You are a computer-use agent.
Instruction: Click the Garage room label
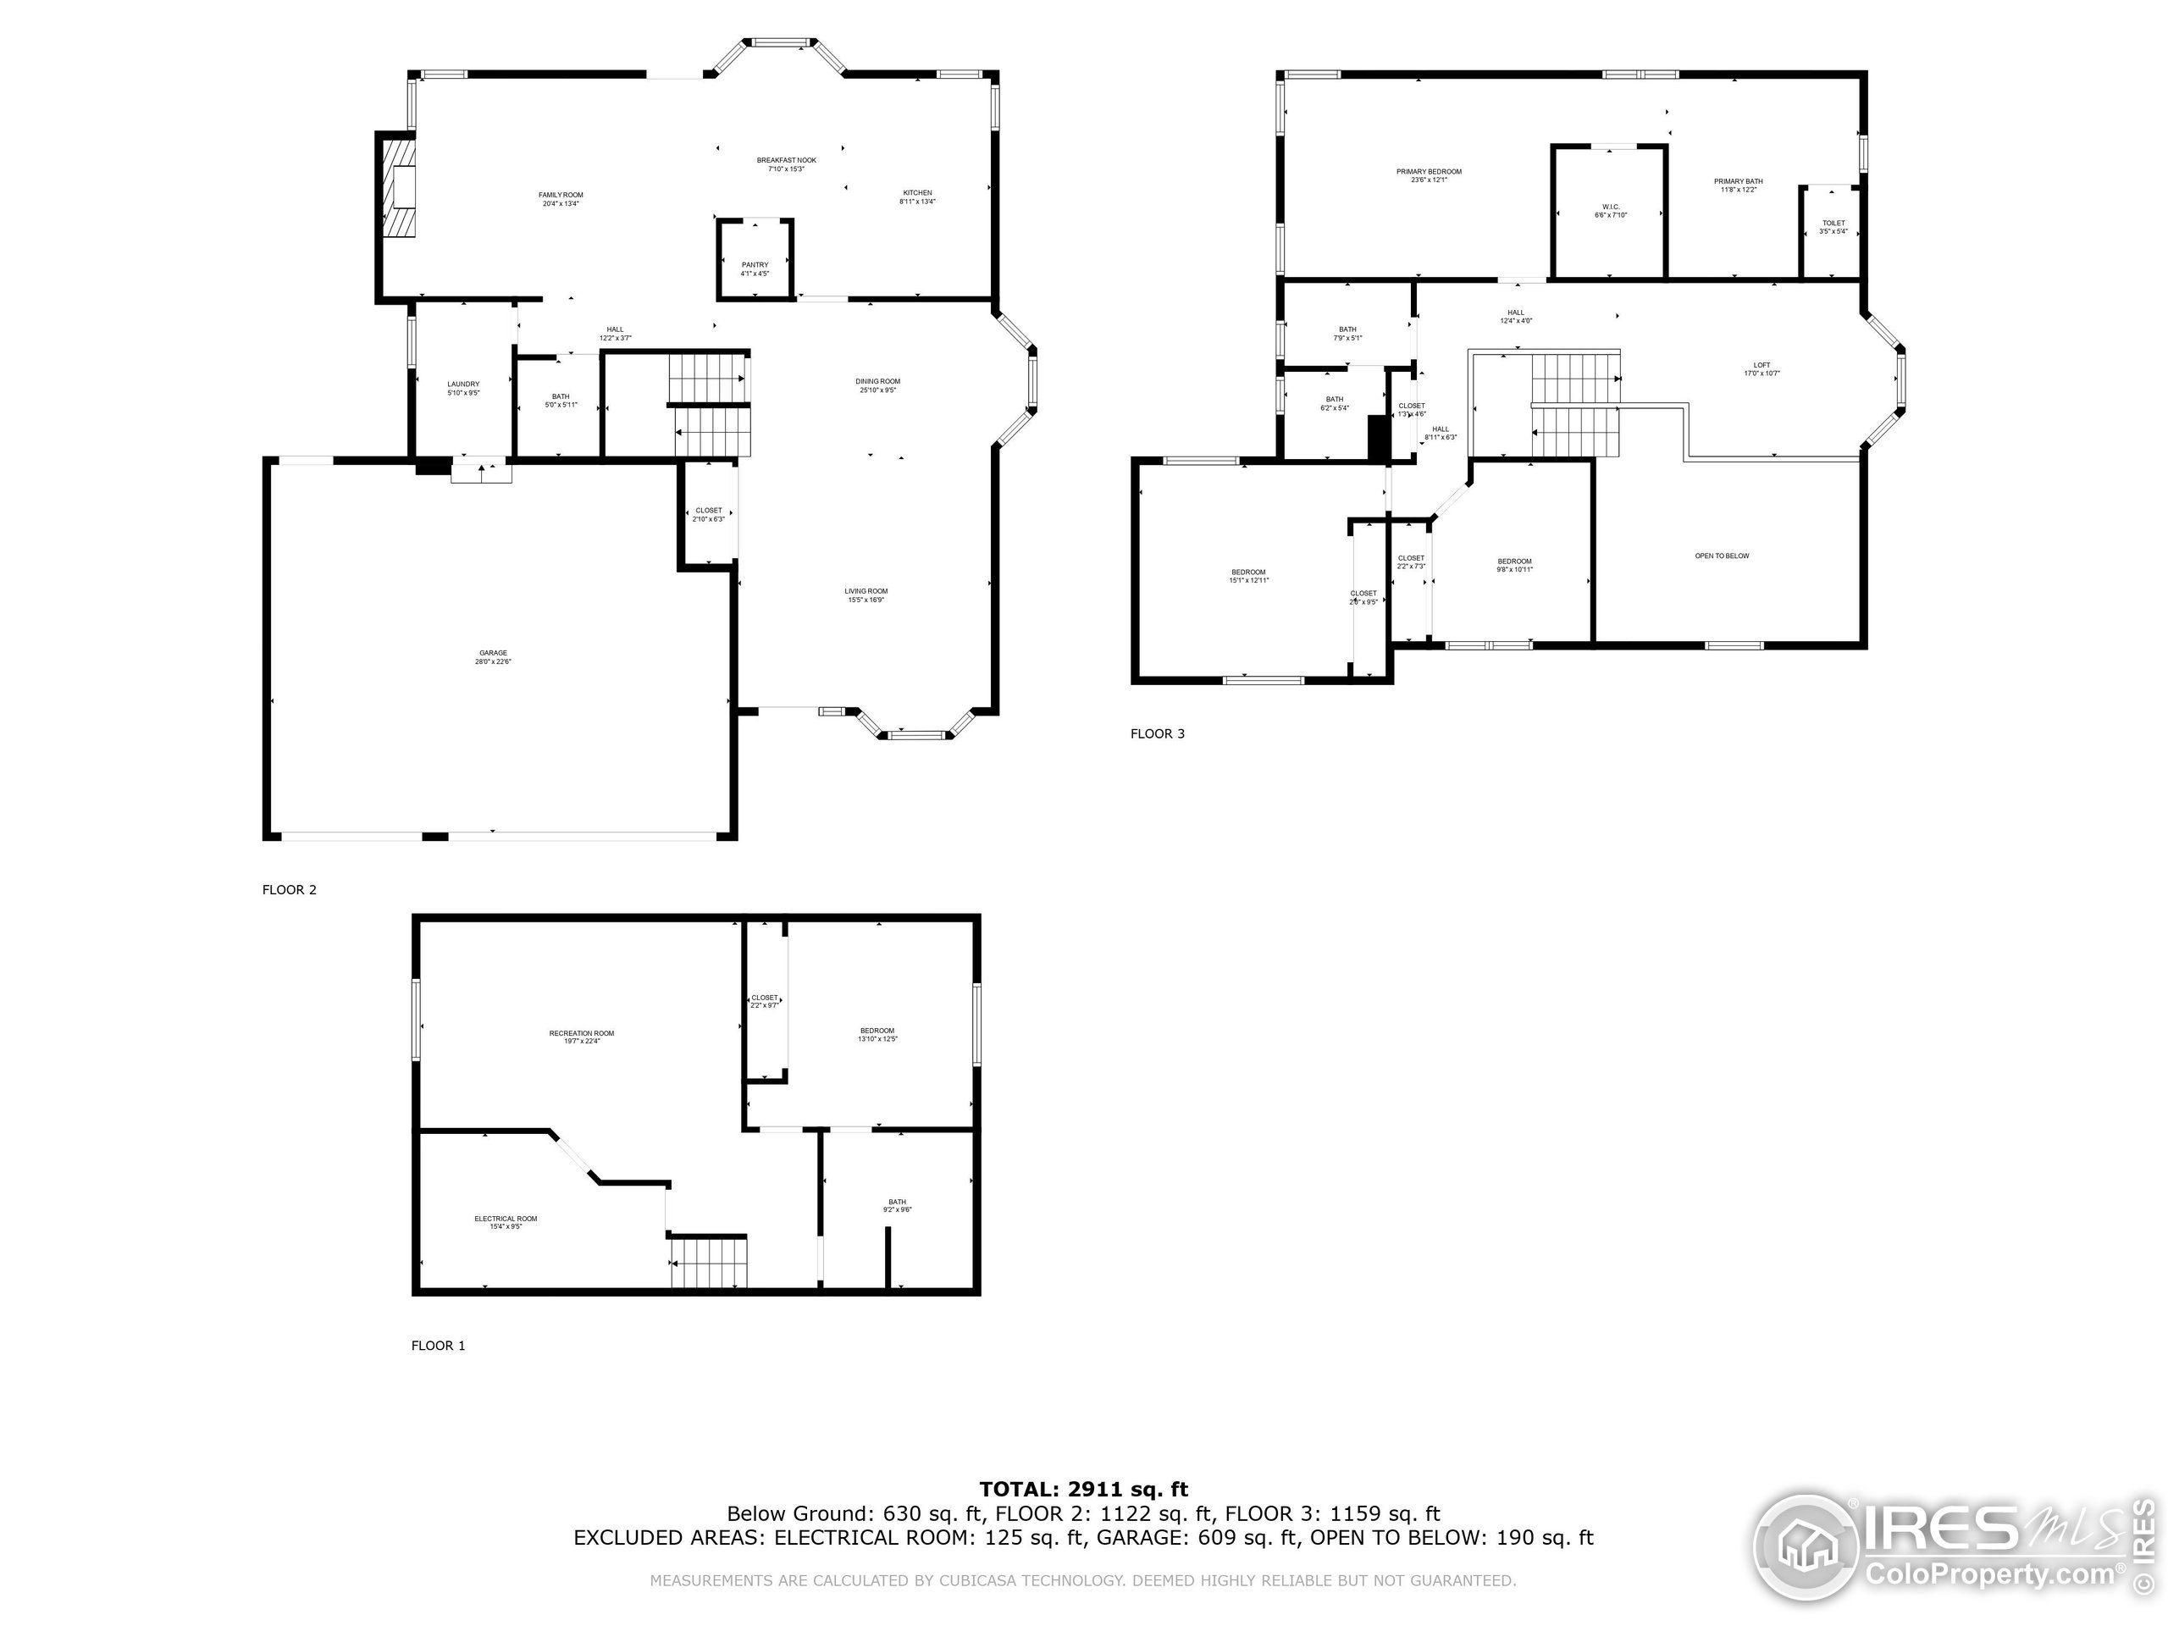click(x=493, y=656)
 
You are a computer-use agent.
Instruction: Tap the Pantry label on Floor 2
click(x=755, y=268)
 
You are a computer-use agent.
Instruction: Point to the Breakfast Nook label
click(x=786, y=163)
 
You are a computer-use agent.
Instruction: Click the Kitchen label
click(x=917, y=196)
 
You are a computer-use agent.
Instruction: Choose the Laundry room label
click(x=463, y=387)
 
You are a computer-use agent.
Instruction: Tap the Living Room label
click(x=866, y=595)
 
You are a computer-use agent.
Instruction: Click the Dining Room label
click(x=877, y=385)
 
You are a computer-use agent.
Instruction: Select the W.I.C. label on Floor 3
click(x=1610, y=211)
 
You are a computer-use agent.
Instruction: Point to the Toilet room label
click(x=1833, y=226)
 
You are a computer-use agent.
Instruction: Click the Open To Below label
click(x=1722, y=556)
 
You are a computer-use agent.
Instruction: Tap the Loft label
click(x=1761, y=368)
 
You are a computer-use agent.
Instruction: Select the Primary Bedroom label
click(x=1429, y=175)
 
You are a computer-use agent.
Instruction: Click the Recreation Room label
click(x=581, y=1036)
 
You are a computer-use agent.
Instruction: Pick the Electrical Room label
click(x=506, y=1221)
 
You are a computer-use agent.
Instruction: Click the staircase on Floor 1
click(x=709, y=1263)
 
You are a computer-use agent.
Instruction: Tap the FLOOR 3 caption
click(x=1158, y=733)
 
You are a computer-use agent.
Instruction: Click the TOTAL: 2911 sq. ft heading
click(x=1083, y=1490)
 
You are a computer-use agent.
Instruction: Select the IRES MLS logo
click(x=1950, y=1549)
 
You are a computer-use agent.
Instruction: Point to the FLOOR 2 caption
click(x=289, y=890)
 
